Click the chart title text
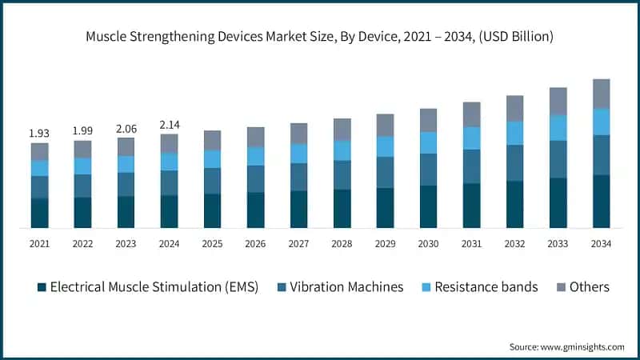(320, 37)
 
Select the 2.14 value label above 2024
(169, 125)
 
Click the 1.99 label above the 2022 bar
(82, 130)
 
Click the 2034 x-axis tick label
(601, 243)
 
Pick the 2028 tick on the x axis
(342, 243)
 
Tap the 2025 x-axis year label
(212, 243)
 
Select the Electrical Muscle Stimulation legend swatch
(42, 287)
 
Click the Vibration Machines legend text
(346, 287)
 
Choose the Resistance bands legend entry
(486, 287)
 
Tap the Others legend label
(589, 287)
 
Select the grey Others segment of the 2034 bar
(601, 94)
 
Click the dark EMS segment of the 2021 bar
(39, 213)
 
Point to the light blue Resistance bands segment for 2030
(428, 142)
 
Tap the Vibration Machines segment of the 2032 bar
(514, 163)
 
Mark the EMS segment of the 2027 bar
(298, 209)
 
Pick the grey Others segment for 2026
(255, 137)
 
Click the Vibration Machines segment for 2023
(126, 184)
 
